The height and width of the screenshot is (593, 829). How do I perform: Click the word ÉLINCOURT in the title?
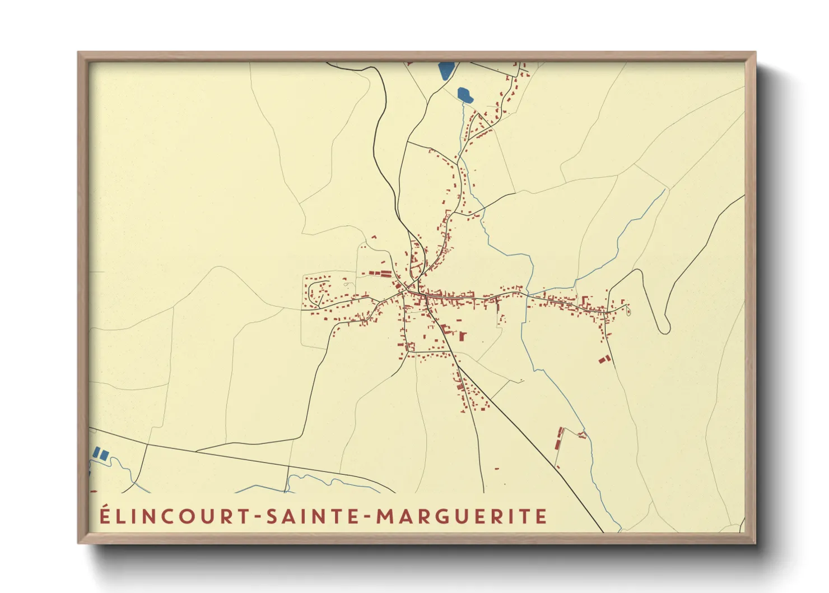pyautogui.click(x=175, y=516)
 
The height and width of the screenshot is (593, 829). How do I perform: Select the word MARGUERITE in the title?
pyautogui.click(x=460, y=516)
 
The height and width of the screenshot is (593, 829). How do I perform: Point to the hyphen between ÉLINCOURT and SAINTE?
pyautogui.click(x=259, y=517)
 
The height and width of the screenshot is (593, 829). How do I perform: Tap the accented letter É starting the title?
pyautogui.click(x=105, y=515)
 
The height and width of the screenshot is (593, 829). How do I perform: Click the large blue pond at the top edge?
pyautogui.click(x=446, y=71)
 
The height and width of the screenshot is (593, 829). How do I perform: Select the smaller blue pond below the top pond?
pyautogui.click(x=465, y=95)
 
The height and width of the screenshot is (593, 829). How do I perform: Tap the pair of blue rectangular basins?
pyautogui.click(x=100, y=453)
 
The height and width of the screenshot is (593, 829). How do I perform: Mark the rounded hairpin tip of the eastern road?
pyautogui.click(x=665, y=328)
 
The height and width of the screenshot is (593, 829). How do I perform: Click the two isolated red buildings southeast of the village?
pyautogui.click(x=603, y=359)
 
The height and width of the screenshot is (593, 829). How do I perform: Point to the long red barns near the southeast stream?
pyautogui.click(x=559, y=438)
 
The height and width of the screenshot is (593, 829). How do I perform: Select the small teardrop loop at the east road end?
pyautogui.click(x=627, y=307)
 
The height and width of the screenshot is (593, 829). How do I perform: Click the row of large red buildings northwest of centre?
pyautogui.click(x=381, y=274)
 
